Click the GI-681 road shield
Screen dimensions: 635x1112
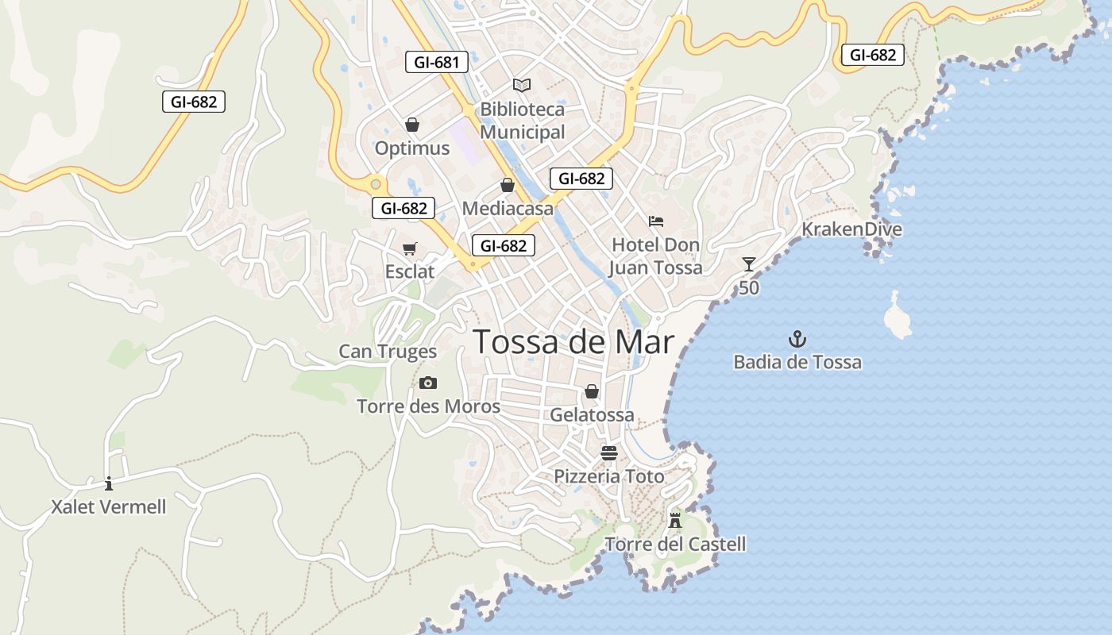pyautogui.click(x=436, y=62)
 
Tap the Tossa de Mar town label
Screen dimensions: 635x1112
pyautogui.click(x=573, y=342)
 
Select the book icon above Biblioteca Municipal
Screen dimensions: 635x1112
pyautogui.click(x=522, y=85)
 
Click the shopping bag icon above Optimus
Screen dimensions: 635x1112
pyautogui.click(x=411, y=125)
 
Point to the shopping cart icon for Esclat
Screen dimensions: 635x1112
pyautogui.click(x=410, y=249)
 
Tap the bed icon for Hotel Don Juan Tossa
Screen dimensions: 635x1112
pyautogui.click(x=655, y=221)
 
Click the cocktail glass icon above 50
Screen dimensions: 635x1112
pyautogui.click(x=748, y=264)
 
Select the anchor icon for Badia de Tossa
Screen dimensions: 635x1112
pyautogui.click(x=797, y=340)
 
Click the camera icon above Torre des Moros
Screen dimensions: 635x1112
pyautogui.click(x=428, y=383)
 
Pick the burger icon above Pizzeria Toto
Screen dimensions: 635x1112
pyautogui.click(x=609, y=453)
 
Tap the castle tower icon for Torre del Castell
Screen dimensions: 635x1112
pyautogui.click(x=675, y=521)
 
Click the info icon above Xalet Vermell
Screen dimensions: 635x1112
pyautogui.click(x=109, y=483)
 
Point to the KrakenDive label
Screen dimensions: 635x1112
pyautogui.click(x=851, y=229)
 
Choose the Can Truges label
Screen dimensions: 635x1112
pyautogui.click(x=388, y=351)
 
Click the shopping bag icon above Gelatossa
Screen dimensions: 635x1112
pyautogui.click(x=592, y=391)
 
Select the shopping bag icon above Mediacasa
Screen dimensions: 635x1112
pyautogui.click(x=508, y=185)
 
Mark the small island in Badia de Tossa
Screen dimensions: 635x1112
pyautogui.click(x=898, y=317)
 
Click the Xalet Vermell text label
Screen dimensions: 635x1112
pyautogui.click(x=109, y=507)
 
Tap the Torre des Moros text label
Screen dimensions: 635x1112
pyautogui.click(x=428, y=406)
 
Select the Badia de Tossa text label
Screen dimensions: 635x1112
pyautogui.click(x=797, y=363)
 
